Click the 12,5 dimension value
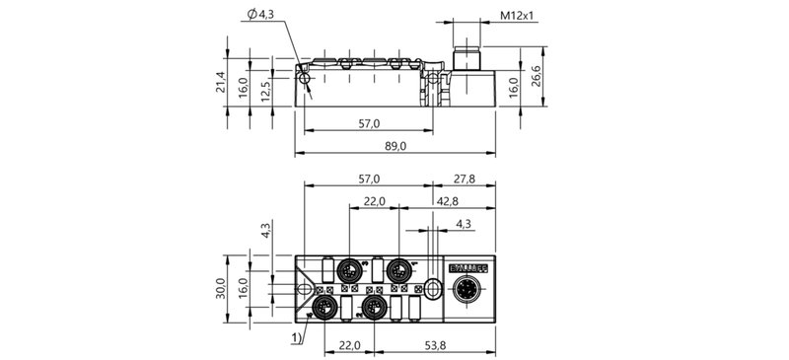pos(265,93)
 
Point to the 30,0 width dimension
pos(222,288)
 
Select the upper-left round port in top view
pos(350,268)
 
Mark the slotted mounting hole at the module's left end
pos(306,289)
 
